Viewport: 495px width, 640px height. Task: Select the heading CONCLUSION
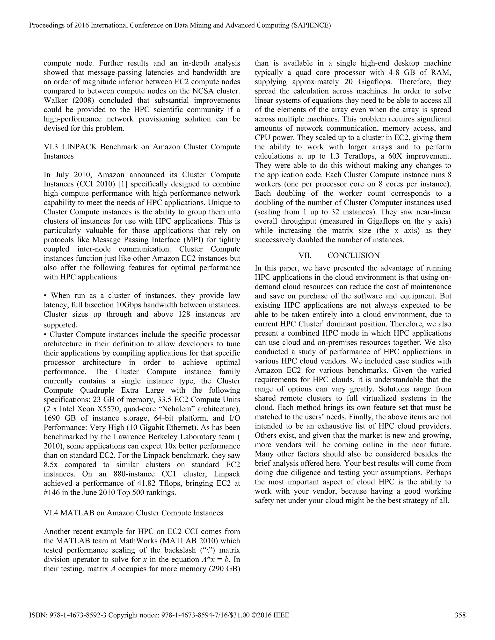(353, 255)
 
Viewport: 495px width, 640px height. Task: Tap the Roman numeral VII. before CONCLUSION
(305, 255)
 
